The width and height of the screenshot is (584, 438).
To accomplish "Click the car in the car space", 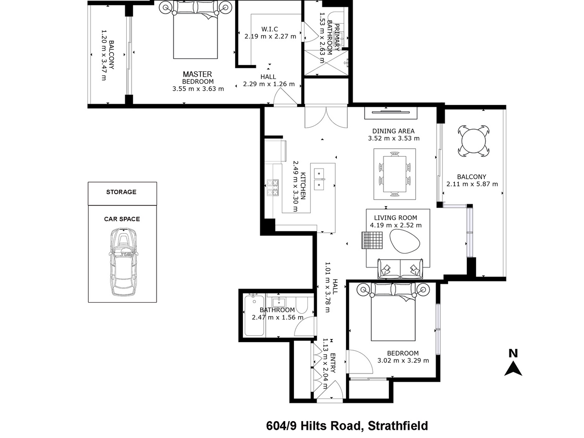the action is pyautogui.click(x=123, y=262).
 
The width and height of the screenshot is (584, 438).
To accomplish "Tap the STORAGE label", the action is pyautogui.click(x=121, y=192).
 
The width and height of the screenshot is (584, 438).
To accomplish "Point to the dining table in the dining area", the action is pyautogui.click(x=395, y=174).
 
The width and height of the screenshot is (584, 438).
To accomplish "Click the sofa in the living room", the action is pyautogui.click(x=400, y=268).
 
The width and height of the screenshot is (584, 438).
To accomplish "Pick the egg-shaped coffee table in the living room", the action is pyautogui.click(x=405, y=241).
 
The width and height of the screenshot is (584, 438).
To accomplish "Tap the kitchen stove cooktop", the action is pyautogui.click(x=273, y=188).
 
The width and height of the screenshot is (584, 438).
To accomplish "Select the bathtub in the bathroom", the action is pyautogui.click(x=254, y=315).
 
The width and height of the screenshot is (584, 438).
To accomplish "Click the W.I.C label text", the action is pyautogui.click(x=269, y=29).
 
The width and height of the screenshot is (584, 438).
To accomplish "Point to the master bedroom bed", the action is pyautogui.click(x=195, y=30).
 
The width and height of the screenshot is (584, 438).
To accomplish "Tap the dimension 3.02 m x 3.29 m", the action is pyautogui.click(x=403, y=360).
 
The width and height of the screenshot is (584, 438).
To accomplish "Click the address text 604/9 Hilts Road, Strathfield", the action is pyautogui.click(x=347, y=426).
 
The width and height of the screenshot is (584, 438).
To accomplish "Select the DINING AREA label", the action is pyautogui.click(x=393, y=131).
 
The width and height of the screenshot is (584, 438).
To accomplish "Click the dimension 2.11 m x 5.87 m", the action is pyautogui.click(x=472, y=184).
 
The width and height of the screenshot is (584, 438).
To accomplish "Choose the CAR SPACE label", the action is pyautogui.click(x=122, y=219).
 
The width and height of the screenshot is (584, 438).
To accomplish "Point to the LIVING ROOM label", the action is pyautogui.click(x=396, y=217).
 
